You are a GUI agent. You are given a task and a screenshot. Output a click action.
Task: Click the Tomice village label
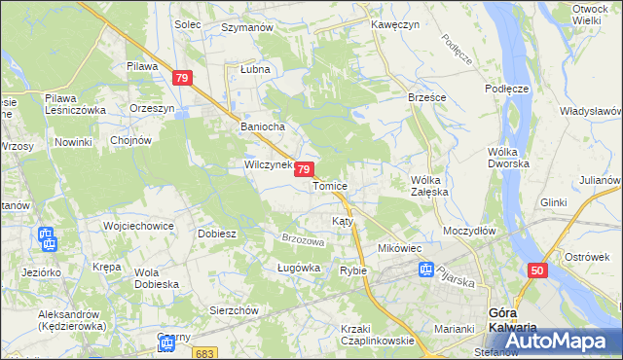(330, 186)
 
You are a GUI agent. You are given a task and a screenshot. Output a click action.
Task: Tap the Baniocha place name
(261, 127)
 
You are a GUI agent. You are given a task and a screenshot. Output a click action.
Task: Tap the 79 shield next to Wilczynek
(305, 170)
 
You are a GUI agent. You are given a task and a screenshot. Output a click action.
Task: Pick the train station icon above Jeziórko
(46, 238)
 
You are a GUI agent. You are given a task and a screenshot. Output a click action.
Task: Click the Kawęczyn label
(394, 25)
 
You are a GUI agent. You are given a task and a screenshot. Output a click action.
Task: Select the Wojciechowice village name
(138, 226)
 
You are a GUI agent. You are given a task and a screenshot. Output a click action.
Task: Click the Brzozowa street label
(302, 240)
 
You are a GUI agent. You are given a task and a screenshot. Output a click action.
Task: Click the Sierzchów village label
(233, 310)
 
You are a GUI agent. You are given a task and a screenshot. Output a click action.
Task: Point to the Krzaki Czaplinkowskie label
(378, 335)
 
